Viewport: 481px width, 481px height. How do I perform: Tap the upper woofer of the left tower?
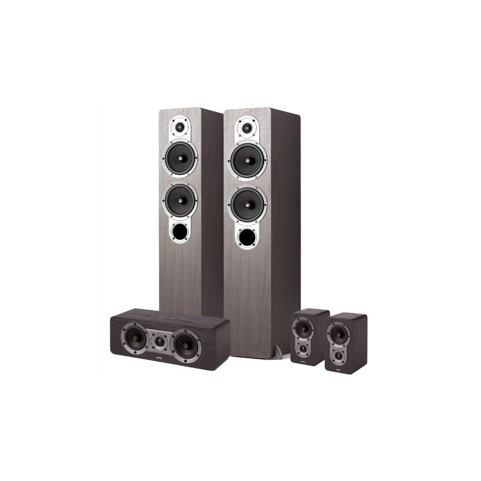[x=181, y=158]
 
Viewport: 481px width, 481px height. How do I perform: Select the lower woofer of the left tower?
[x=181, y=199]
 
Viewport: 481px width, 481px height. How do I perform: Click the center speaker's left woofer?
[x=136, y=338]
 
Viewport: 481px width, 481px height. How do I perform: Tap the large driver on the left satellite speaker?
[x=303, y=328]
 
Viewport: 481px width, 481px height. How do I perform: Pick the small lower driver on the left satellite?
[x=303, y=347]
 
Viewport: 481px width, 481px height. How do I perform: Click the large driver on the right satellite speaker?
[x=338, y=333]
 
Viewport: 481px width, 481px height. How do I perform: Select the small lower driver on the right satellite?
[x=338, y=355]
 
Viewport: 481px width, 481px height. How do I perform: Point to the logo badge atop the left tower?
[x=181, y=111]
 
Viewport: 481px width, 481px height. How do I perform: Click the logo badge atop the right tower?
[x=247, y=111]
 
